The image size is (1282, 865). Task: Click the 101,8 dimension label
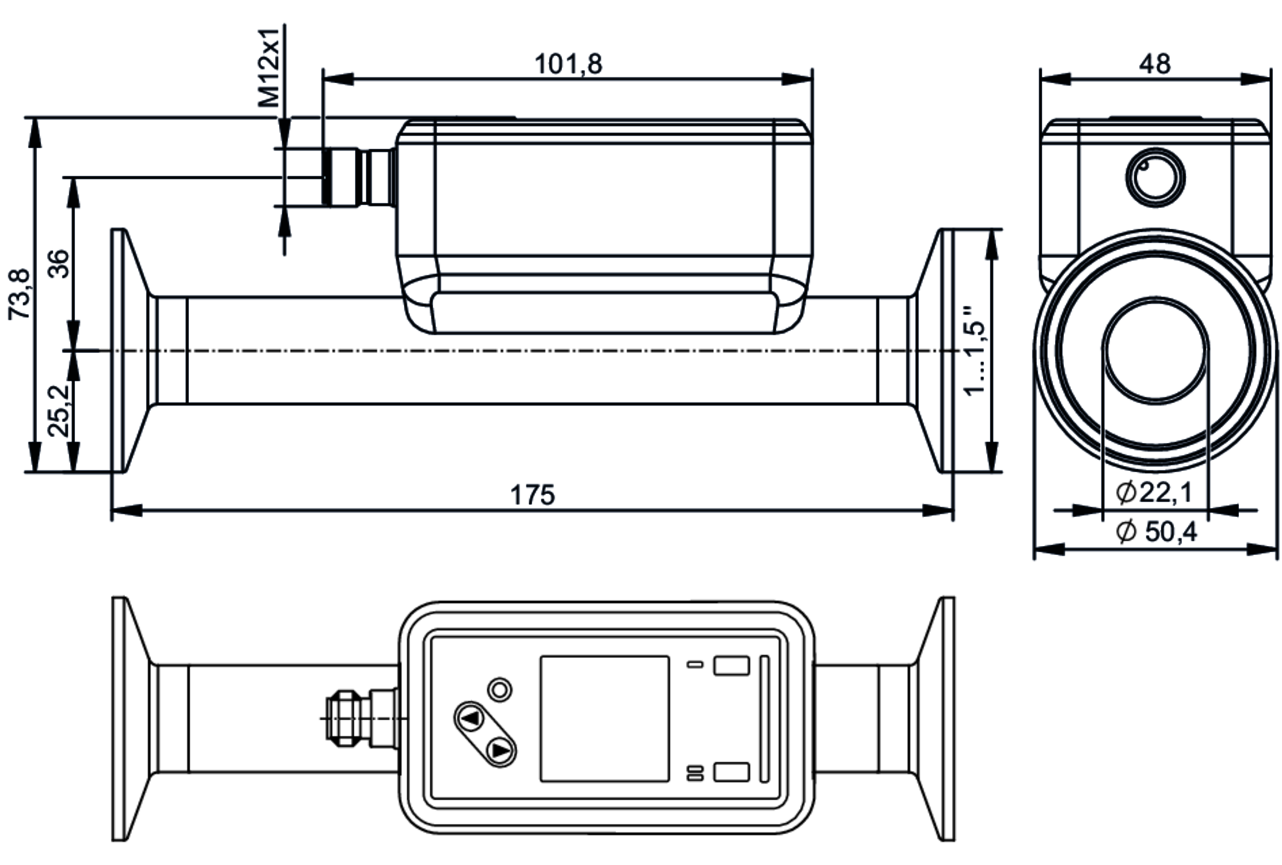(x=568, y=64)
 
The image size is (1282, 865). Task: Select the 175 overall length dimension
(x=532, y=495)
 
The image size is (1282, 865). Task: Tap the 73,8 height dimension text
(x=19, y=293)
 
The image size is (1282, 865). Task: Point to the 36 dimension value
(x=59, y=263)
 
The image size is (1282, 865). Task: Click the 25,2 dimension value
(x=59, y=410)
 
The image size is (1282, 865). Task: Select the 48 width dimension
(x=1154, y=64)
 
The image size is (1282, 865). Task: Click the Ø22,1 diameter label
(x=1154, y=492)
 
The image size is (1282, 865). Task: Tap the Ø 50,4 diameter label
(x=1156, y=531)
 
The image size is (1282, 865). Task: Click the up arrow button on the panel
(x=471, y=718)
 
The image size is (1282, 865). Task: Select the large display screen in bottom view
(x=604, y=718)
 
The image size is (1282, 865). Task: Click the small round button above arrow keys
(x=500, y=690)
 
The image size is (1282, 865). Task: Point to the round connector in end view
(x=1156, y=178)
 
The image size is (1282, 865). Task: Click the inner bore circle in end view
(x=1155, y=350)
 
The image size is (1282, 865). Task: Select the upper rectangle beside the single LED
(x=731, y=665)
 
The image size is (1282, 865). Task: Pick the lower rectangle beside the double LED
(x=731, y=772)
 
